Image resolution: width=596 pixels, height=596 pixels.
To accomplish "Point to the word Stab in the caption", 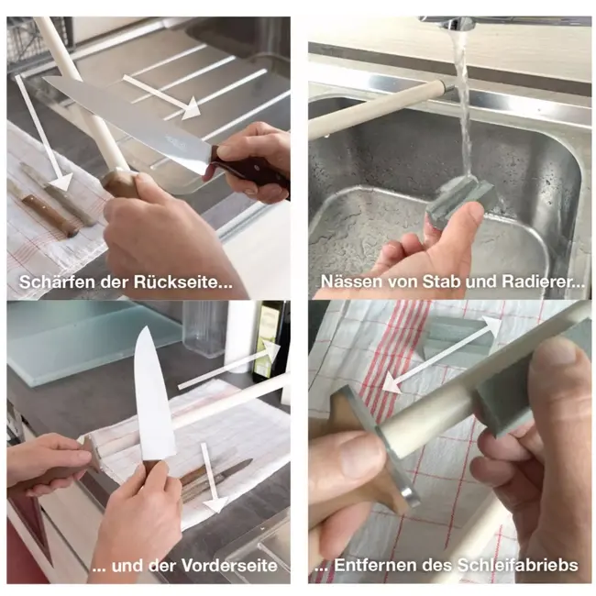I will pyautogui.click(x=447, y=282).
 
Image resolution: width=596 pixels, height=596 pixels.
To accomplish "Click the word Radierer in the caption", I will pyautogui.click(x=540, y=282).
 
